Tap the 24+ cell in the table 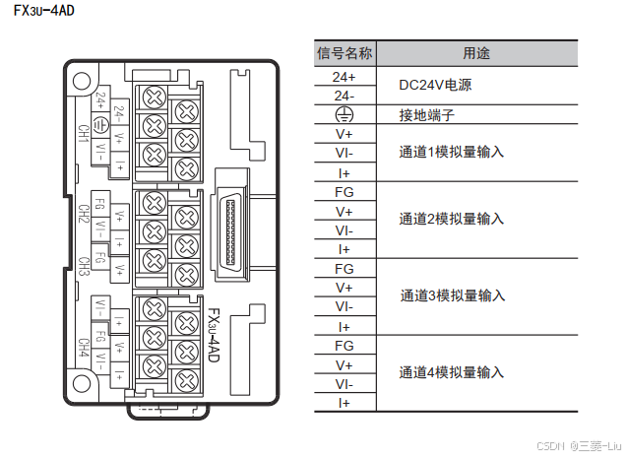tap(344, 76)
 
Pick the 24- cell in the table tap(344, 96)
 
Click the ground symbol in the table tap(344, 115)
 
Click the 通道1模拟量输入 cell tap(451, 153)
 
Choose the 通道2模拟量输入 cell tap(451, 220)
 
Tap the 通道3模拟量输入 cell tap(451, 296)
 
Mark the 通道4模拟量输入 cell tap(451, 373)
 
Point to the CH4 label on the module tap(84, 349)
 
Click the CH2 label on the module tap(84, 215)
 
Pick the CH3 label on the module tap(84, 266)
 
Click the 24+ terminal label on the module tap(101, 99)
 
